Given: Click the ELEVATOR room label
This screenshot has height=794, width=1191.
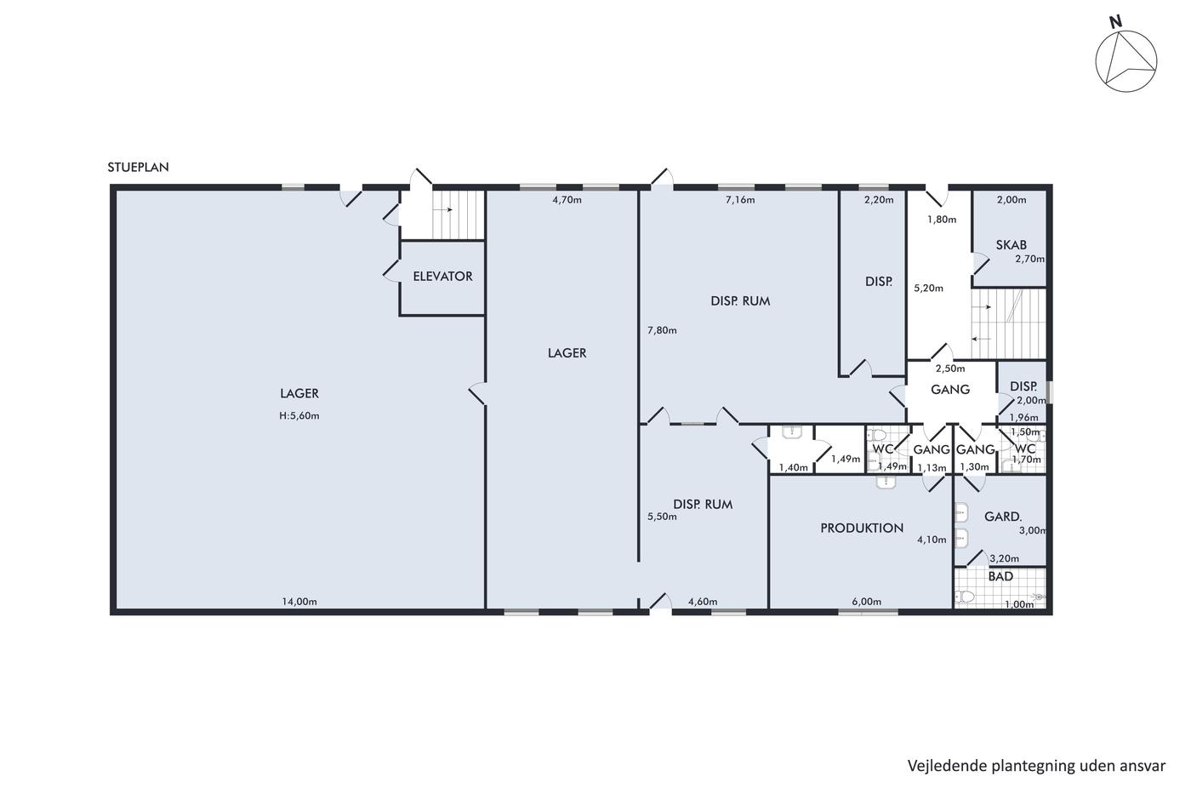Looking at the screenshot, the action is click(442, 277).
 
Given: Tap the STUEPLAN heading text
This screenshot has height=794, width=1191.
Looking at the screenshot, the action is click(138, 167).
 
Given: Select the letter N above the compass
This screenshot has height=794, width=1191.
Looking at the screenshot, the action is click(1115, 22).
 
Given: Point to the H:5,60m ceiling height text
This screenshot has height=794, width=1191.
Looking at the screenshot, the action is click(299, 416).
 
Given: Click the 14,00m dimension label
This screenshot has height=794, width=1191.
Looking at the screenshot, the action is click(299, 602).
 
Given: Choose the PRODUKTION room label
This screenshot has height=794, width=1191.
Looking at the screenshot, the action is click(861, 528).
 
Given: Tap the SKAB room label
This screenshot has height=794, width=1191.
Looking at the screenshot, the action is click(1011, 245).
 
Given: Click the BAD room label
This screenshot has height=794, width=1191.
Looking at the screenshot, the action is click(1000, 576).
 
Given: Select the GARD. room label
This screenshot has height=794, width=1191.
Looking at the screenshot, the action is click(1003, 517).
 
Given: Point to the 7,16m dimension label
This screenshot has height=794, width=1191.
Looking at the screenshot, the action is click(740, 200).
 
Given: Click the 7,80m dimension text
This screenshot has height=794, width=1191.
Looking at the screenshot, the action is click(662, 330).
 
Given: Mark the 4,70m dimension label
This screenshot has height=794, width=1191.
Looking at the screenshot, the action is click(567, 200).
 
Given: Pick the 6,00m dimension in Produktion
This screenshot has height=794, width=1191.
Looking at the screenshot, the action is click(867, 602).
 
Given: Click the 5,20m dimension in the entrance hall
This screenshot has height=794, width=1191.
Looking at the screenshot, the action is click(928, 288).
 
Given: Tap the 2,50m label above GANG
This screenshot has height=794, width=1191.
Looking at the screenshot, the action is click(950, 368).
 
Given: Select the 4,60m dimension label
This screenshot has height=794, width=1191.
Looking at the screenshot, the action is click(703, 602).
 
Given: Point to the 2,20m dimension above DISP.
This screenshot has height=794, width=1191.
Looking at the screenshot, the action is click(878, 200).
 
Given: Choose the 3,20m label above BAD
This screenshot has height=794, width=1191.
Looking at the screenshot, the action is click(1005, 558).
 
